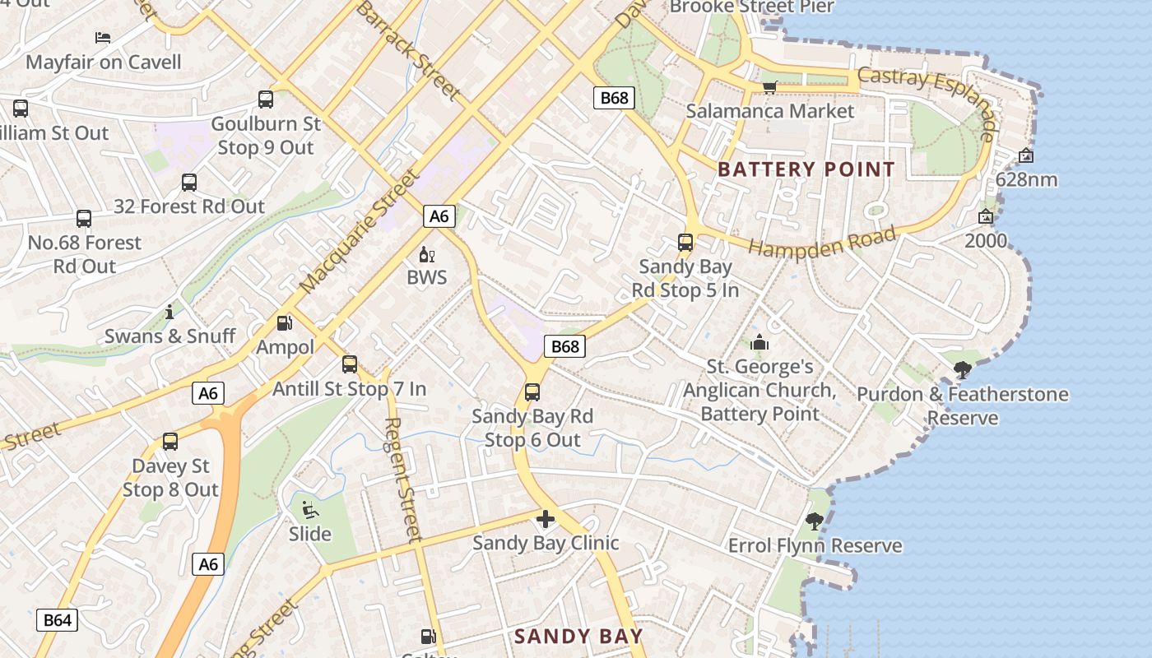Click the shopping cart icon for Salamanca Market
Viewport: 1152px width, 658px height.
coord(769,87)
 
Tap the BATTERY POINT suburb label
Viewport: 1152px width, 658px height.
coord(806,170)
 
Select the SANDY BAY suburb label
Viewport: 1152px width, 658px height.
coord(578,636)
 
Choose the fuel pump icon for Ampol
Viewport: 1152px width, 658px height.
coord(285,324)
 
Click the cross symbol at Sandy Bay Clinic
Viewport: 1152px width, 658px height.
coord(545,519)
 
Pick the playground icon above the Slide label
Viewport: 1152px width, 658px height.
coord(310,511)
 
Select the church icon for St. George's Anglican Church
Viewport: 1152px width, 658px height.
coord(759,342)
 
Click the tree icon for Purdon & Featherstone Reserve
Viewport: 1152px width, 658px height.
coord(962,370)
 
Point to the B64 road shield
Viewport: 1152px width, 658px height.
coord(57,620)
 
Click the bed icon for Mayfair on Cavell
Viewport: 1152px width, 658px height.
coord(103,38)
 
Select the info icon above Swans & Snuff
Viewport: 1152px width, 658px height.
coord(170,313)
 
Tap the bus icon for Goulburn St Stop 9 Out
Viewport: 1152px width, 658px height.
coord(266,100)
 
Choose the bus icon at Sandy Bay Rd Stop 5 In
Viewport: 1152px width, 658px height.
coord(685,243)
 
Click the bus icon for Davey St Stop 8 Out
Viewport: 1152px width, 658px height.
coord(170,442)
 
